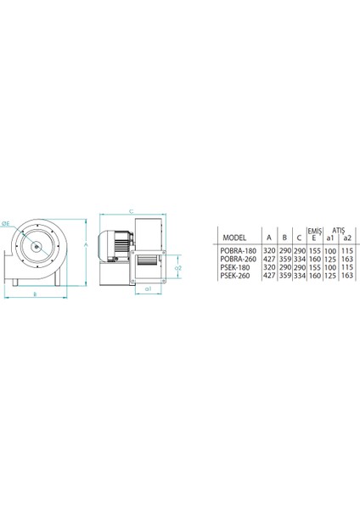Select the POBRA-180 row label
click(237, 252)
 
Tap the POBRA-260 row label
click(237, 260)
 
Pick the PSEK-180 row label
click(234, 268)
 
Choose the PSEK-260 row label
click(234, 276)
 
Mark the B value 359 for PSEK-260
click(285, 276)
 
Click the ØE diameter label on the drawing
click(6, 223)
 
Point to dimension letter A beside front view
click(87, 244)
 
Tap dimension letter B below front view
click(34, 294)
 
